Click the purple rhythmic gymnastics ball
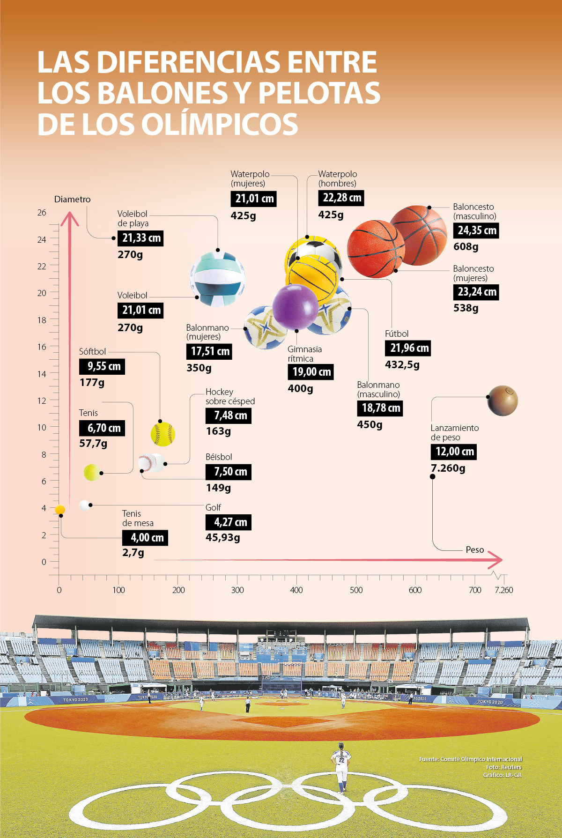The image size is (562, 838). [295, 307]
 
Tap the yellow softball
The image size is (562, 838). [163, 434]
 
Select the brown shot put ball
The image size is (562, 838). [503, 401]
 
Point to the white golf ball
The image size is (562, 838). [84, 505]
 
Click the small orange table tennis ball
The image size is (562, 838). [60, 510]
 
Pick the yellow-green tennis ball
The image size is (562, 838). [92, 473]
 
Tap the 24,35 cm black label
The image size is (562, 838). [476, 230]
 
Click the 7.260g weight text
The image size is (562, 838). [448, 468]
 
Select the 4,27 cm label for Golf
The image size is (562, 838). [228, 522]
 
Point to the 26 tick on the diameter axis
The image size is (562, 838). [42, 213]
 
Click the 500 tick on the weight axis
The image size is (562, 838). [356, 590]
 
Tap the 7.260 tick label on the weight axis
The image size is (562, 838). [504, 590]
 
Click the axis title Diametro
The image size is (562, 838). [72, 199]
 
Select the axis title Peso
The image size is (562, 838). [474, 549]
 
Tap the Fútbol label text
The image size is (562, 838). [397, 334]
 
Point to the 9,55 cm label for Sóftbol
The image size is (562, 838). [103, 366]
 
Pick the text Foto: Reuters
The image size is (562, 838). [503, 767]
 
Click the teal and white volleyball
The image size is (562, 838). [218, 279]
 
